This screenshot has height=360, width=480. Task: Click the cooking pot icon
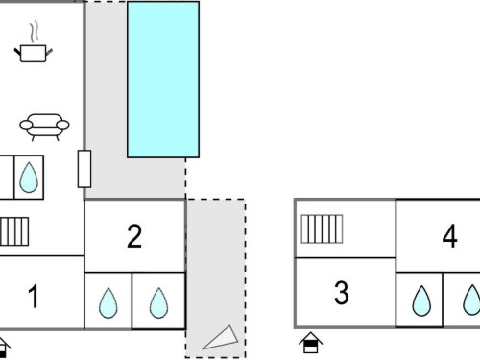click(x=34, y=53)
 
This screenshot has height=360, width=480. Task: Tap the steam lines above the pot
click(x=35, y=32)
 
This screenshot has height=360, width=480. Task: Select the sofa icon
click(x=44, y=127)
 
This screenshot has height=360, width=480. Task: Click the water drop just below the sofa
click(x=29, y=178)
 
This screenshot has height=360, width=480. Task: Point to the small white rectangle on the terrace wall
click(x=84, y=169)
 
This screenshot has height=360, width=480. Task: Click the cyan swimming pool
click(x=163, y=80)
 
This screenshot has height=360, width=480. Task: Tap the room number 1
click(x=34, y=297)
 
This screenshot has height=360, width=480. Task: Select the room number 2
click(x=134, y=236)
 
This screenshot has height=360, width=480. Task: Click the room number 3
click(x=342, y=293)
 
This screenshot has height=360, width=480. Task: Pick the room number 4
click(x=449, y=236)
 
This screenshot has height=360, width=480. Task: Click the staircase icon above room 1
click(x=14, y=231)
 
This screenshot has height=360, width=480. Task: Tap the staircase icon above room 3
click(x=322, y=229)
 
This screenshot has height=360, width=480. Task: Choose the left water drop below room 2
click(x=108, y=302)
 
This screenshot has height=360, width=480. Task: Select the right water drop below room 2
click(x=158, y=302)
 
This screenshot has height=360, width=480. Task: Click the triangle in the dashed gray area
click(x=221, y=338)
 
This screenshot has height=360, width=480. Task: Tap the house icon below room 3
click(x=311, y=343)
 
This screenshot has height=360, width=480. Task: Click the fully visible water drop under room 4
click(x=421, y=300)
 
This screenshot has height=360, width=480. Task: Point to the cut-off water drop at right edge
click(x=472, y=300)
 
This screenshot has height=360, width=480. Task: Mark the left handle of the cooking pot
click(x=17, y=51)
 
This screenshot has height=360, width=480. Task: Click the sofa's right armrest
click(x=63, y=124)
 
